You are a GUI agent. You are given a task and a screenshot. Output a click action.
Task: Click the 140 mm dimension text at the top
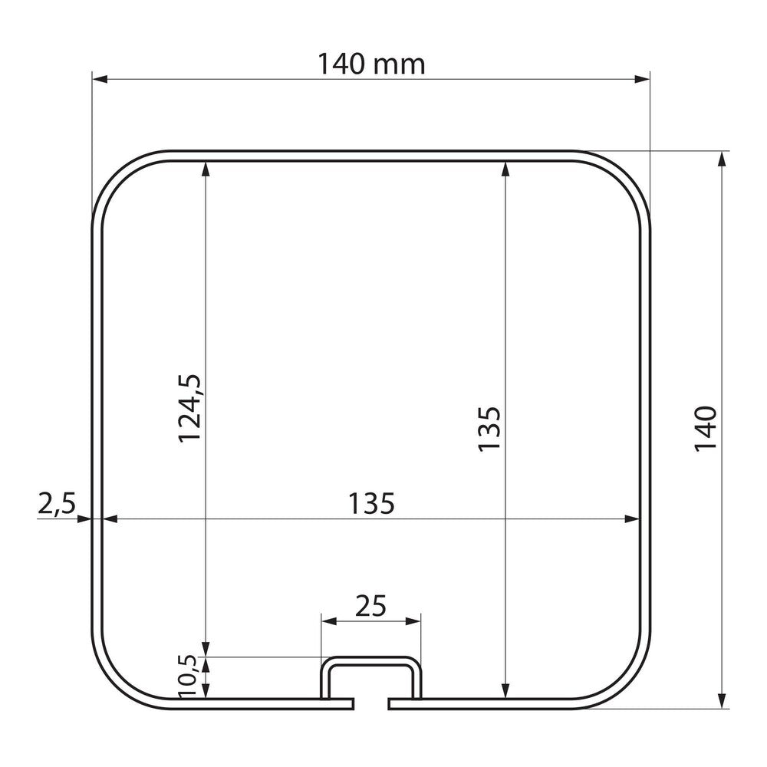(x=371, y=65)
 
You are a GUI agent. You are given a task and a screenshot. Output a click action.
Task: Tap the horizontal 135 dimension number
(x=371, y=504)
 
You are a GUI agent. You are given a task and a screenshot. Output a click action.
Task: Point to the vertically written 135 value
(x=489, y=429)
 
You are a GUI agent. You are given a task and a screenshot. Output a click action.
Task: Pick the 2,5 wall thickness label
(x=56, y=504)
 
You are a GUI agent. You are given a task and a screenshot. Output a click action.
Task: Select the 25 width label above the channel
(x=371, y=606)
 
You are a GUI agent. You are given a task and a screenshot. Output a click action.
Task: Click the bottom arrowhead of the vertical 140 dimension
(x=721, y=701)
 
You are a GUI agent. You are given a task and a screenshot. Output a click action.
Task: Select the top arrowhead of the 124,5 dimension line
(x=205, y=168)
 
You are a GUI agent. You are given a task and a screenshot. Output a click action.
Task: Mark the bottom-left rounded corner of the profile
(x=117, y=683)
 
